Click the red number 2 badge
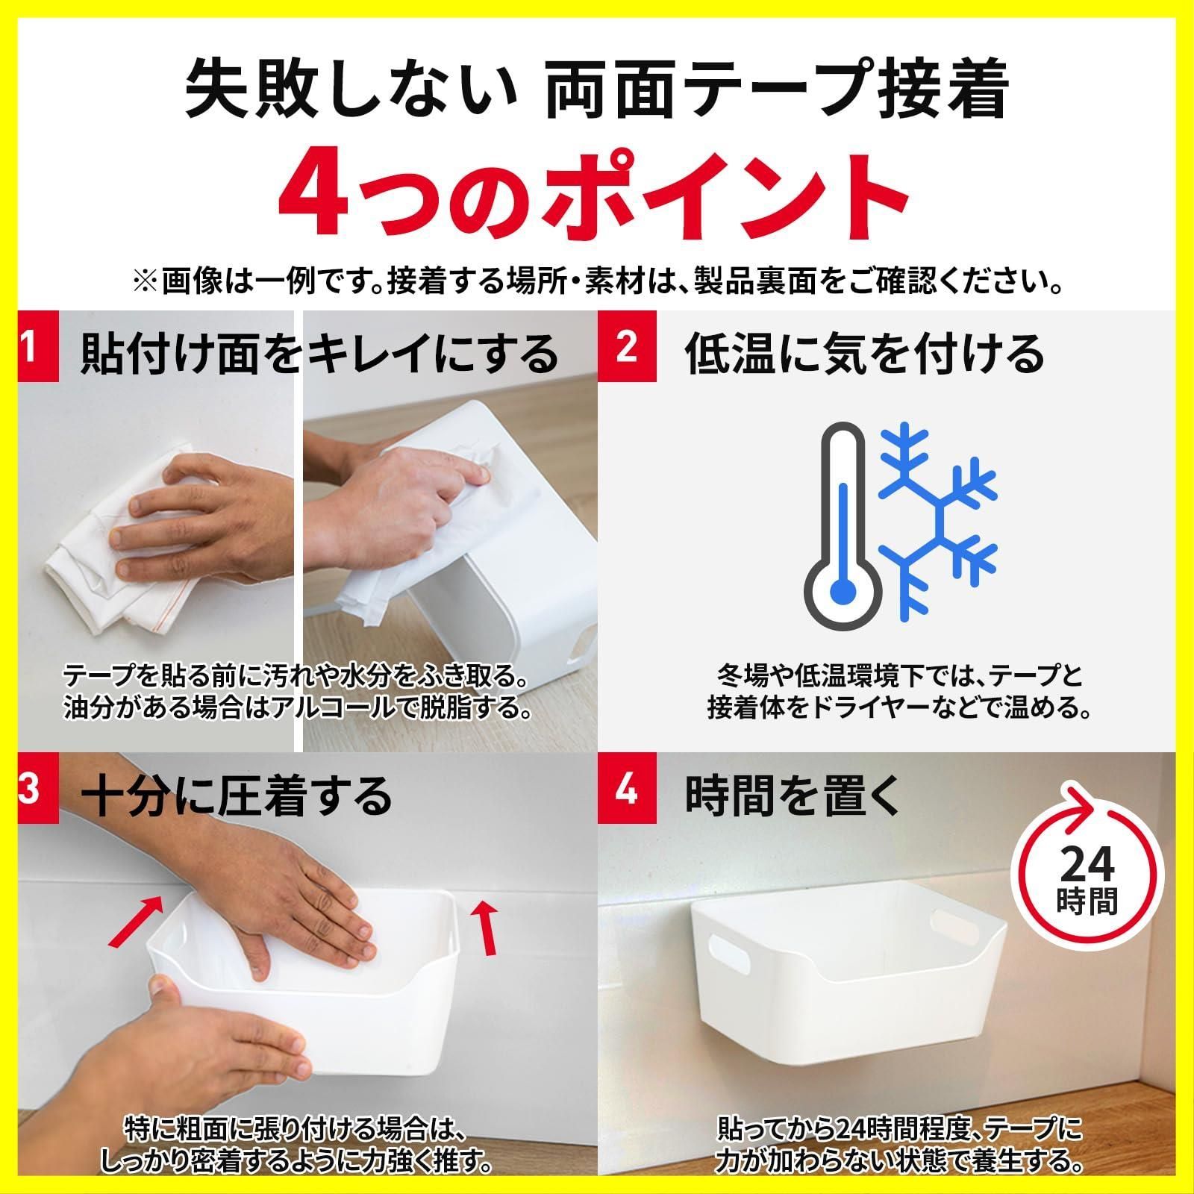pos(627,347)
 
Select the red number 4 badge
pos(627,790)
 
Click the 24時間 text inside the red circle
pos(1087,880)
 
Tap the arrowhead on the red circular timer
pos(1081,803)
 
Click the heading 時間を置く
pos(795,796)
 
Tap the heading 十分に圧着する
pos(237,796)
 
